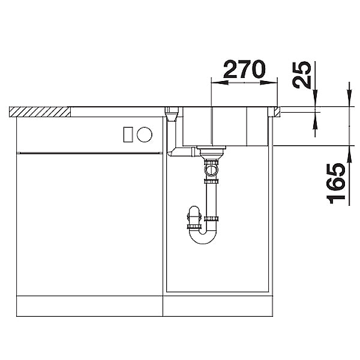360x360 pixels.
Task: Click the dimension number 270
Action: (244, 68)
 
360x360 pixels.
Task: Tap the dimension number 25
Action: (302, 75)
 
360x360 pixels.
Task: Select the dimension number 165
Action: (335, 184)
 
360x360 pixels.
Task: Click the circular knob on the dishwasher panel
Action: (145, 134)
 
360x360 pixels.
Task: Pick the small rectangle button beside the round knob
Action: (128, 134)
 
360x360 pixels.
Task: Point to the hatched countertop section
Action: (40, 112)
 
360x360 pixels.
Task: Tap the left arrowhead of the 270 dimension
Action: (220, 83)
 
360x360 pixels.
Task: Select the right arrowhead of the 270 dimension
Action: (269, 83)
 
